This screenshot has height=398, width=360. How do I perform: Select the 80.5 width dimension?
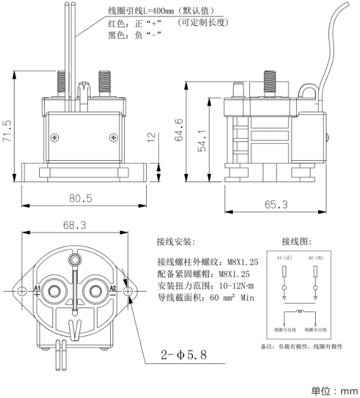(x=80, y=198)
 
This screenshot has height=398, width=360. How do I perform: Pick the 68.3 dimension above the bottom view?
(x=75, y=225)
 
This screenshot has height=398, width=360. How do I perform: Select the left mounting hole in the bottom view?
(x=22, y=291)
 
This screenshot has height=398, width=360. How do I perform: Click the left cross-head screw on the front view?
(x=57, y=137)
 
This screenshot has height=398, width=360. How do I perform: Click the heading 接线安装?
(x=176, y=242)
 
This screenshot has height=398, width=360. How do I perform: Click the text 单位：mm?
(x=334, y=390)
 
